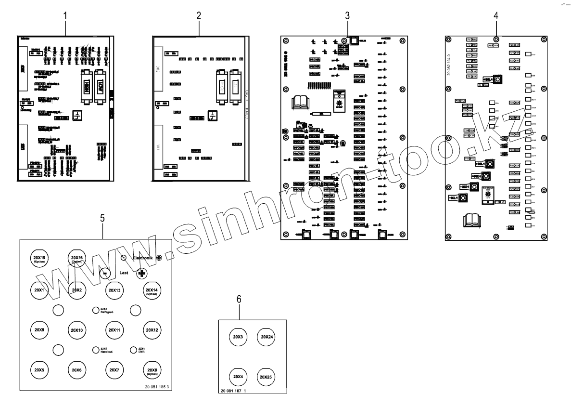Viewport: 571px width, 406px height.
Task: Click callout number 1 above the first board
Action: pyautogui.click(x=65, y=15)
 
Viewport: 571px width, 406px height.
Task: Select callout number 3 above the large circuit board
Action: pyautogui.click(x=347, y=15)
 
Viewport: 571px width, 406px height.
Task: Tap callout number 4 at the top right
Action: pyautogui.click(x=496, y=15)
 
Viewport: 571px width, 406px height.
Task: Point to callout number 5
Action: pyautogui.click(x=102, y=218)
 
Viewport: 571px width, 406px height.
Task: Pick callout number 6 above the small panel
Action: pyautogui.click(x=239, y=299)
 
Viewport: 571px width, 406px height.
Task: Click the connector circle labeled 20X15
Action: pyautogui.click(x=39, y=259)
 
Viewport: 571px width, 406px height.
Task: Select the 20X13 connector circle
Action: pyautogui.click(x=114, y=290)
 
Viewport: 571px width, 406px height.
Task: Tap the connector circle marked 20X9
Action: pyautogui.click(x=39, y=330)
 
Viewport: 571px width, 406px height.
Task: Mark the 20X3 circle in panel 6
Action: pyautogui.click(x=237, y=337)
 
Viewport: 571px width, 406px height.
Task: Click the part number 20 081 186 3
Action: pyautogui.click(x=157, y=386)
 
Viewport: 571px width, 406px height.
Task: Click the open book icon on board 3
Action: pyautogui.click(x=301, y=102)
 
